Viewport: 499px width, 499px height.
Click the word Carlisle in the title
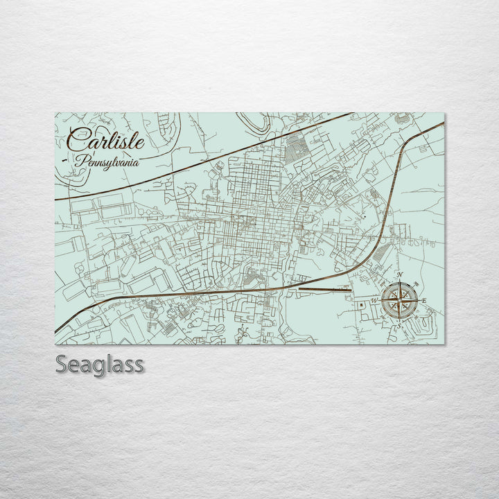click(x=106, y=141)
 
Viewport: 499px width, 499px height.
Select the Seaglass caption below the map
click(x=100, y=364)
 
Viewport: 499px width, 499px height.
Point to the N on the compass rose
click(x=401, y=276)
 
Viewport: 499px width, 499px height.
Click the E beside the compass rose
click(x=425, y=300)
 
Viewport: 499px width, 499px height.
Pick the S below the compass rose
click(x=399, y=326)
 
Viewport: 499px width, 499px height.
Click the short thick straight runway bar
click(x=325, y=281)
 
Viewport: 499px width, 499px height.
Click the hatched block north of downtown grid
click(x=297, y=148)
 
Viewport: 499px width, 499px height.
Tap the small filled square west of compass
click(x=362, y=304)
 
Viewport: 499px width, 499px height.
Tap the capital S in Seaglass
click(x=62, y=364)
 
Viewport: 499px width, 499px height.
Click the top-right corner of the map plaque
click(x=444, y=114)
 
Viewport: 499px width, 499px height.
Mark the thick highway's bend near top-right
click(x=408, y=139)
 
